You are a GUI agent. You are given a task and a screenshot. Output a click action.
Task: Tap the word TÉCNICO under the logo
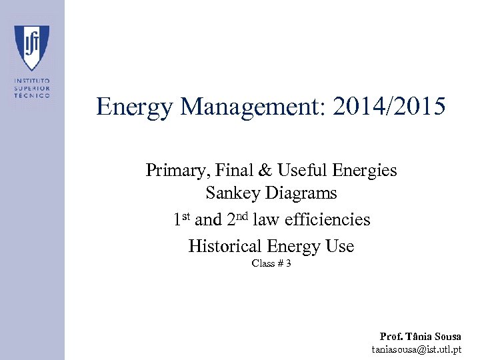point(31,96)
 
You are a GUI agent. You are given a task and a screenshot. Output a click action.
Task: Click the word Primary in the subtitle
point(175,171)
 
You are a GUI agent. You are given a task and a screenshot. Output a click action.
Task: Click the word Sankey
point(234,194)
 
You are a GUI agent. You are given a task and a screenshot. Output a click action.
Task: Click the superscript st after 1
point(186,215)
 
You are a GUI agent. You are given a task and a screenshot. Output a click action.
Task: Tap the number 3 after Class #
point(288,263)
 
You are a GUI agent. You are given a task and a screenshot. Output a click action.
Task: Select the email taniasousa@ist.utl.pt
point(417,349)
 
